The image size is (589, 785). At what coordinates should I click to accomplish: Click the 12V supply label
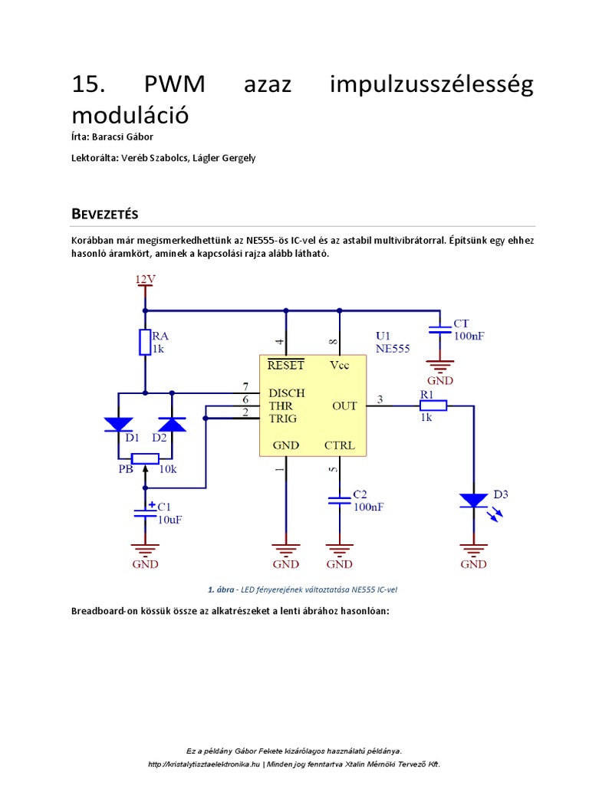pyautogui.click(x=145, y=280)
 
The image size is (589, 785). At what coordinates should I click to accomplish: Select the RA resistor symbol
pyautogui.click(x=145, y=343)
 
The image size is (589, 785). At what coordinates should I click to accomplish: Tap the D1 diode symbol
pyautogui.click(x=118, y=424)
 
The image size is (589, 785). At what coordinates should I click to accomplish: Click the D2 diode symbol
pyautogui.click(x=171, y=424)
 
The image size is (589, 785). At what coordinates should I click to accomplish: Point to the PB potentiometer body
pyautogui.click(x=145, y=458)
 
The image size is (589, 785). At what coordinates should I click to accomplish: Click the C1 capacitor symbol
pyautogui.click(x=145, y=512)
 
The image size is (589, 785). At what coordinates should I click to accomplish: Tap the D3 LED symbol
pyautogui.click(x=473, y=501)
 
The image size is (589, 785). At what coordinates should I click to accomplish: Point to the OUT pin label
pyautogui.click(x=344, y=406)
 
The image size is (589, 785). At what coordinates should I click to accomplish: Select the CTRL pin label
pyautogui.click(x=339, y=445)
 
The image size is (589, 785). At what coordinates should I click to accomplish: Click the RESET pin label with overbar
pyautogui.click(x=285, y=366)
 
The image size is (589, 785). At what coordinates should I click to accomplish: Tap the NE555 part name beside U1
pyautogui.click(x=393, y=348)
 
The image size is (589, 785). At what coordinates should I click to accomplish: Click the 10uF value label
pyautogui.click(x=169, y=519)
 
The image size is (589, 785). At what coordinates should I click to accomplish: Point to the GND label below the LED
pyautogui.click(x=473, y=564)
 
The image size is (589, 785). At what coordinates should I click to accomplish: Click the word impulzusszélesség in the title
pyautogui.click(x=431, y=84)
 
